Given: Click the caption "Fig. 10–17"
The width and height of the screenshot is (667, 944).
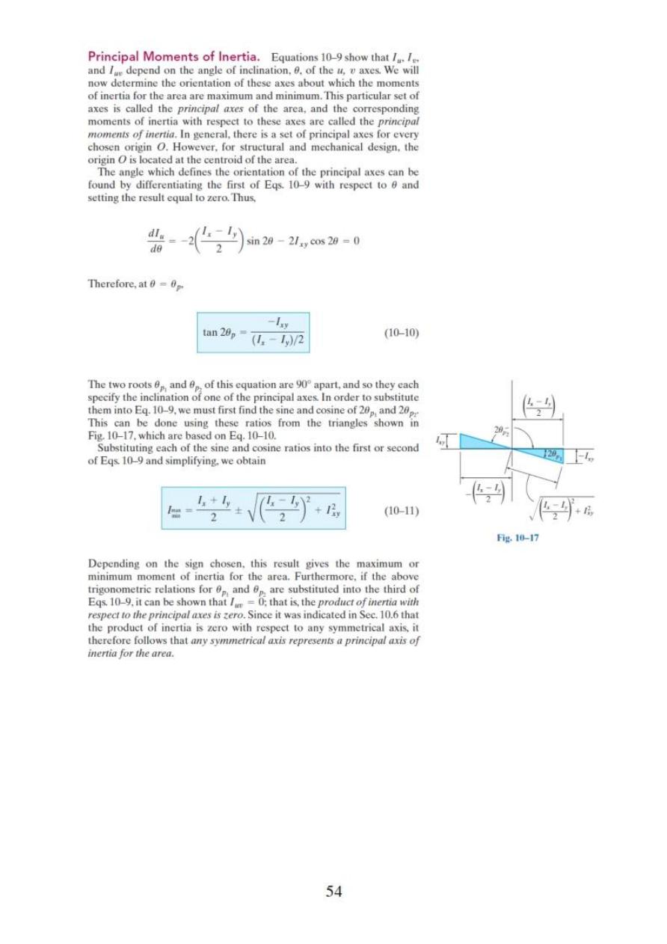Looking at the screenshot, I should coord(517,536).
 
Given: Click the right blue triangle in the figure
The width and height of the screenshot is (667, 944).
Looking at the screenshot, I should coord(540,454).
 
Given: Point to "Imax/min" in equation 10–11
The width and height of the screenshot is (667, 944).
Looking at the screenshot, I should coord(177,512).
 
